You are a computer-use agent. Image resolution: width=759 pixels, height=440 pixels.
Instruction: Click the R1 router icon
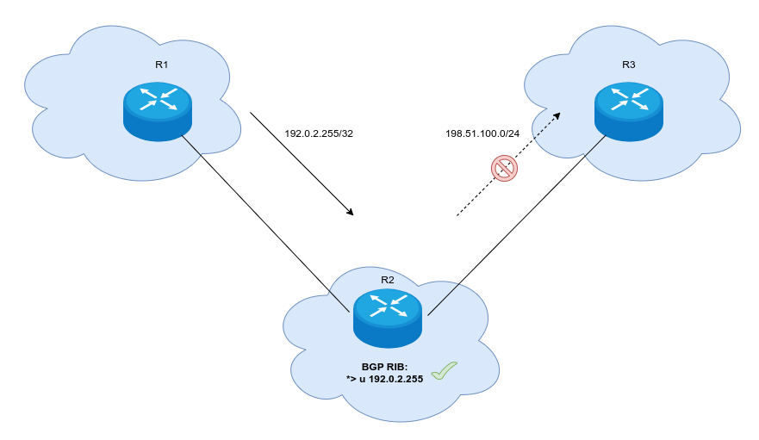click(157, 110)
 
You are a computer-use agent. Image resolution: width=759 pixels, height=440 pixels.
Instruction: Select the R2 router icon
click(387, 316)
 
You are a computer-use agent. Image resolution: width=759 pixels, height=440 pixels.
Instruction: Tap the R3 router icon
click(628, 110)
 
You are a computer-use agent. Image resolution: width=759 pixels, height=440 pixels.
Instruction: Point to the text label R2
click(387, 280)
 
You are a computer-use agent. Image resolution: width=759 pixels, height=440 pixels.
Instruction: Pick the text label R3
click(628, 65)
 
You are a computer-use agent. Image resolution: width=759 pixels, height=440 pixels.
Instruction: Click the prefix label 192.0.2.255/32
click(320, 133)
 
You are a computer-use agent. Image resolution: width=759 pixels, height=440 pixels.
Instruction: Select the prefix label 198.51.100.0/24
click(482, 133)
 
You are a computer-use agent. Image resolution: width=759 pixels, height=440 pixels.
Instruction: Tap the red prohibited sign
click(504, 168)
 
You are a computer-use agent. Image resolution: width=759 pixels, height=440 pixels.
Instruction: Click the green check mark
click(444, 370)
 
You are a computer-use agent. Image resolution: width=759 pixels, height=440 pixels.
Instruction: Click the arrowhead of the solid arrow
click(350, 212)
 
